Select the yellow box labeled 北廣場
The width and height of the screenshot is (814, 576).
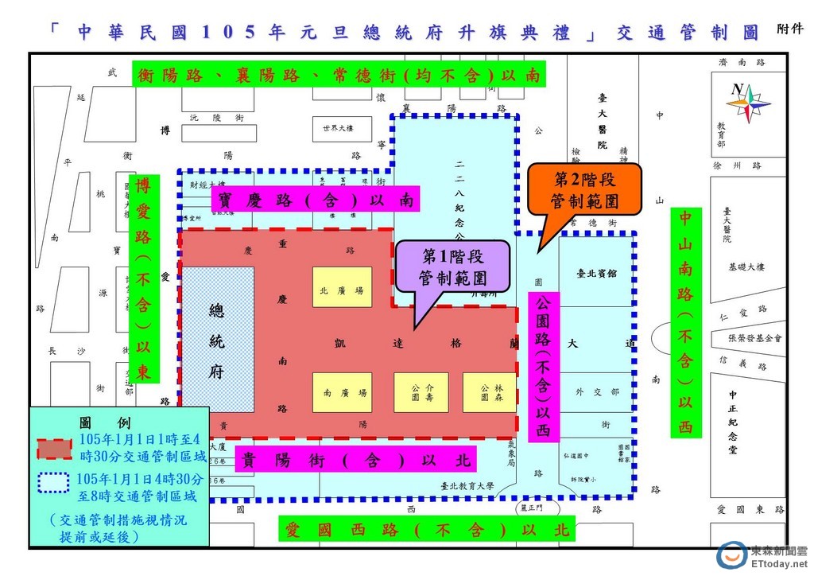click(x=342, y=291)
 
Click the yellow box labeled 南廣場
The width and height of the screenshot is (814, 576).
click(x=342, y=392)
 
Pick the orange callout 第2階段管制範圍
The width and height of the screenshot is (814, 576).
click(x=584, y=191)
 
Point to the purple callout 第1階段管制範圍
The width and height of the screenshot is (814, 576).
click(x=452, y=267)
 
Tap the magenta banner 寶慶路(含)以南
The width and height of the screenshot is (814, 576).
click(x=313, y=200)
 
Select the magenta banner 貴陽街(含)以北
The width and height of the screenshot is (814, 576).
click(x=357, y=459)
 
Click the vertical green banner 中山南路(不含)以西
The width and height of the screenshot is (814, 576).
click(x=684, y=323)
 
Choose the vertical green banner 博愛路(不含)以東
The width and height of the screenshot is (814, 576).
click(x=143, y=278)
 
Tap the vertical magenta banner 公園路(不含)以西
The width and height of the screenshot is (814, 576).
click(x=544, y=367)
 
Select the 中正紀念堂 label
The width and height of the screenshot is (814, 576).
click(x=733, y=421)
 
